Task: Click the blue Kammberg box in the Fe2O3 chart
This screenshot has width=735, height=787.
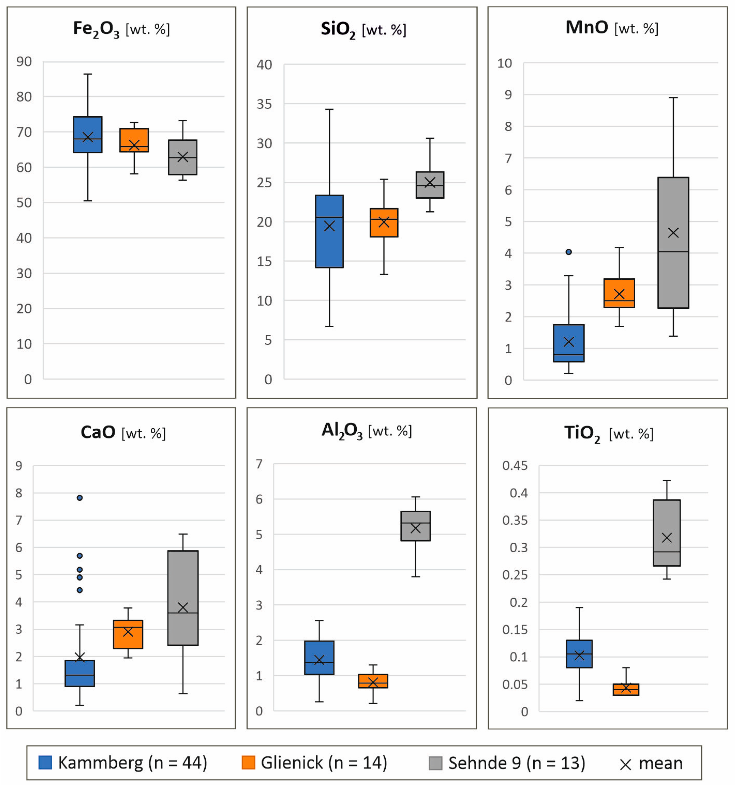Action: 88,127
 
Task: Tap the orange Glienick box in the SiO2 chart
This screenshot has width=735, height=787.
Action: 384,230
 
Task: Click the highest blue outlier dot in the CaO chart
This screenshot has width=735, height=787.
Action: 80,498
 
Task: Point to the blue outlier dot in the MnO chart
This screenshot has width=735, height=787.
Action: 569,252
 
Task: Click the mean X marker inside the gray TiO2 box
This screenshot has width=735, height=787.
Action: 667,538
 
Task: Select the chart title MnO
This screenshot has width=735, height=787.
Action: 586,28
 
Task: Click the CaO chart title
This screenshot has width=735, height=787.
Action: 98,432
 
